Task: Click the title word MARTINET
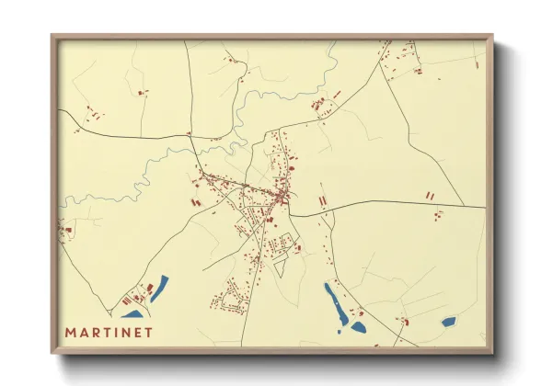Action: click(x=109, y=332)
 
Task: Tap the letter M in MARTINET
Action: click(x=70, y=332)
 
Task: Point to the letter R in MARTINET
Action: click(x=96, y=332)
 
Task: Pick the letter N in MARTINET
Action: click(x=127, y=332)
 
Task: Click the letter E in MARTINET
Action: click(x=139, y=332)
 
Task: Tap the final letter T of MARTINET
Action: click(x=149, y=332)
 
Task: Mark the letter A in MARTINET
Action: click(x=83, y=332)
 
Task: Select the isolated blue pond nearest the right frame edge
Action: click(x=448, y=322)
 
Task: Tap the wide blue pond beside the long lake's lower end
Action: click(x=358, y=326)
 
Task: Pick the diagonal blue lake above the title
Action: click(x=160, y=288)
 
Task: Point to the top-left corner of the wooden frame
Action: click(x=52, y=37)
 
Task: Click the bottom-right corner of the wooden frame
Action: click(x=491, y=352)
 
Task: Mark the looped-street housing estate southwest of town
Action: click(x=231, y=299)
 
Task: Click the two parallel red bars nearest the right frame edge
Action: click(x=429, y=195)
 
